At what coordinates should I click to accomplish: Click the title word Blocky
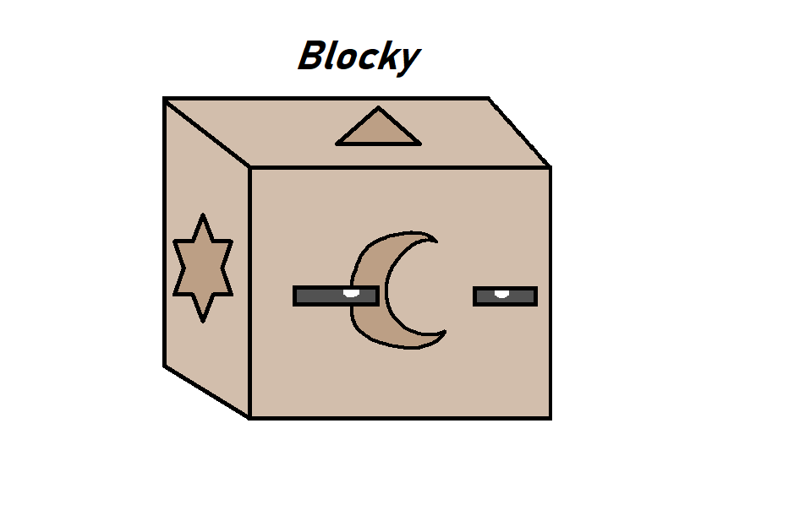359,57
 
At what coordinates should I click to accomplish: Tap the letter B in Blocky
312,57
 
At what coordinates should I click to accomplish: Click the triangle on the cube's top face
378,130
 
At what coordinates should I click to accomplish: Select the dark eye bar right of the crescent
505,296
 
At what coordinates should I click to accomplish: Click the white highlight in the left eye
351,293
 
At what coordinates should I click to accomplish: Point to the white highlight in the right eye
501,292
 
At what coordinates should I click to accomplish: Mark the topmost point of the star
202,216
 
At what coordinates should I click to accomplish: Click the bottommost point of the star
202,320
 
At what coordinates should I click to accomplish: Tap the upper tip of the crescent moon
435,240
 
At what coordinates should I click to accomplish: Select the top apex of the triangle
378,108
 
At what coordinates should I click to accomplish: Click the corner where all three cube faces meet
250,168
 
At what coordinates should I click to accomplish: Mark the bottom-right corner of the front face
550,417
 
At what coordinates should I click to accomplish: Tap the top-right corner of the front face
550,168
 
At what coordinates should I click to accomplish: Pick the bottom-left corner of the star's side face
165,365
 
